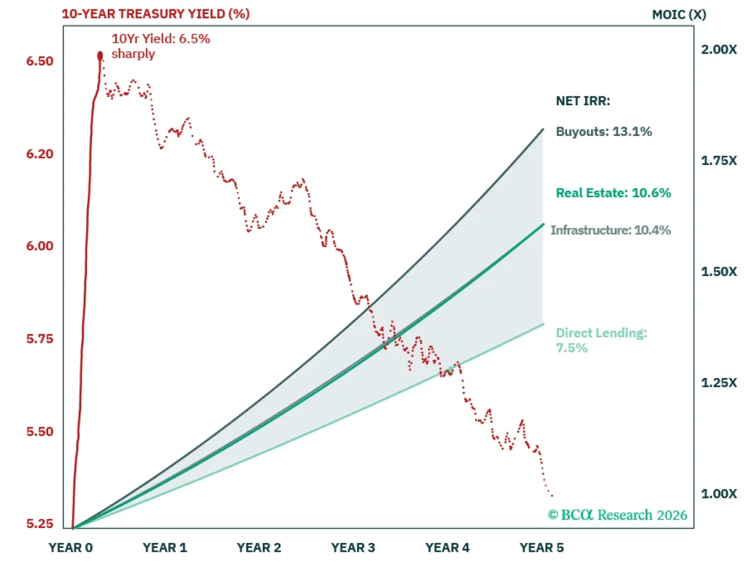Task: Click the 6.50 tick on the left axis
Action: [40, 61]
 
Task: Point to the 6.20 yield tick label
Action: [40, 154]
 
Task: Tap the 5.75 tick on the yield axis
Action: [40, 339]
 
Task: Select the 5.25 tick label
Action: [40, 524]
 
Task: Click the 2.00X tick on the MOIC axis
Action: [719, 50]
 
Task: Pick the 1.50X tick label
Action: [719, 272]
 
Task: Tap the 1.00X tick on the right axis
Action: [719, 494]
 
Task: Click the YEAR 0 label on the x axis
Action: [71, 547]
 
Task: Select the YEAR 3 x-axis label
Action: [353, 547]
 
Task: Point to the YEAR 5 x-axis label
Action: [541, 547]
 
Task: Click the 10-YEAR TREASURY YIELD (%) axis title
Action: [156, 14]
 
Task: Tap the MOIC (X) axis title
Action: [679, 14]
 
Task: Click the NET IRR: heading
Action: [583, 101]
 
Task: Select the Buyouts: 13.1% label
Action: [604, 132]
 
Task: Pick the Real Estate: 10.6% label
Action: [614, 193]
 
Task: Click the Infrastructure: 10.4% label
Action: [610, 230]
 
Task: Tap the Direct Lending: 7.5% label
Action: [602, 340]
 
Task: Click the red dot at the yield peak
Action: [100, 56]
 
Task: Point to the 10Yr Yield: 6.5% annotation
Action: [161, 46]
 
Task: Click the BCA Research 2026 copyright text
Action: [617, 515]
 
